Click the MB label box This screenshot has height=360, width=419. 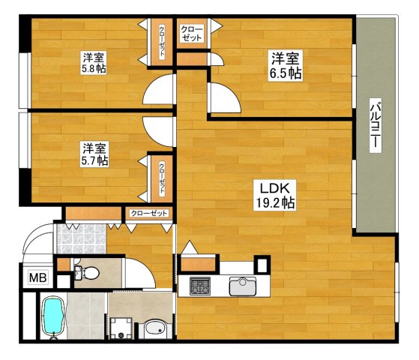coord(38,277)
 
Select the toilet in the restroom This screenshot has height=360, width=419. coord(87,273)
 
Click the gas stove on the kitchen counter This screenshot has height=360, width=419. coord(200,286)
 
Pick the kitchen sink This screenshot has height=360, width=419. coord(242,286)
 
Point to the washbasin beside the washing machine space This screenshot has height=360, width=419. coord(155,329)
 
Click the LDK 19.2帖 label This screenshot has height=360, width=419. coord(275,196)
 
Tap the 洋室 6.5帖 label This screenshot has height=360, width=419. coord(285,65)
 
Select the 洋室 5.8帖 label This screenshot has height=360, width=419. coord(94,63)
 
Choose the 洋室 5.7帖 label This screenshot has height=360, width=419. coord(94,154)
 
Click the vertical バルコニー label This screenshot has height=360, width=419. coord(376,125)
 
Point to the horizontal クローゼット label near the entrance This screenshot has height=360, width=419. coord(149,213)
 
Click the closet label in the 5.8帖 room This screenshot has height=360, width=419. coord(162,42)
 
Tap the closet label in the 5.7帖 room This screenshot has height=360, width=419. coord(162,178)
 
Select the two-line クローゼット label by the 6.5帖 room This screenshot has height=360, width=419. coord(192,34)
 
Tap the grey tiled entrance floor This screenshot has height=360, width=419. coord(81,238)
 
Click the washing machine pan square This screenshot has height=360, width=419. coord(121,328)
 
